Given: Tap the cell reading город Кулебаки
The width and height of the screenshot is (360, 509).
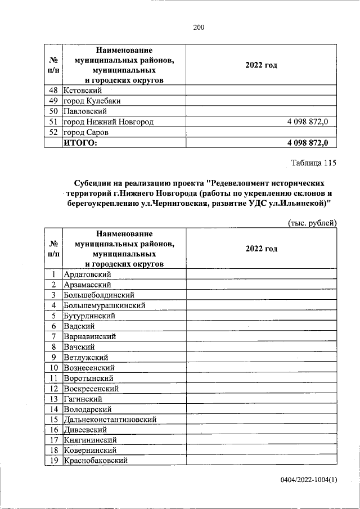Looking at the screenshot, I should coord(91,101).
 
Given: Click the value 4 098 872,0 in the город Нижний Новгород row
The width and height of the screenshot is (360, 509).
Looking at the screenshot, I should coord(310,122).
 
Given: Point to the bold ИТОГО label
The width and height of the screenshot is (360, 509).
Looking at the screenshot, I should coord(80,143).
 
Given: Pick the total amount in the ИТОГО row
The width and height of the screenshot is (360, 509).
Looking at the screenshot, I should coord(310,143).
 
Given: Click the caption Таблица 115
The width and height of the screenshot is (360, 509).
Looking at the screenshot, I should coord(313,164).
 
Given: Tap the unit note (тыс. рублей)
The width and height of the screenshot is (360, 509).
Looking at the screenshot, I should coord(312,223).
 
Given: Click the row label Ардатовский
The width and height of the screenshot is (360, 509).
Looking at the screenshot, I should coord(87,274).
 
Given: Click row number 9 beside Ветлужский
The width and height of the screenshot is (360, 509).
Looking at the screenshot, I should coord(53,357).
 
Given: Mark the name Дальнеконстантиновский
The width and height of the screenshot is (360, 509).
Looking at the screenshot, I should coord(110,420).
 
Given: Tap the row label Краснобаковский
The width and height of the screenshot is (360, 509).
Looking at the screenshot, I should coord(96,461).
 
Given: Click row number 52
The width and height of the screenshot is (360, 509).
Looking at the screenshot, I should coord(53,133).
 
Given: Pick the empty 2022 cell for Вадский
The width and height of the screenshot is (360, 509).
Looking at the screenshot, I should coord(261,326).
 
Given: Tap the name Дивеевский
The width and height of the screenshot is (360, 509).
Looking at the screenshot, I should coord(85,430).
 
